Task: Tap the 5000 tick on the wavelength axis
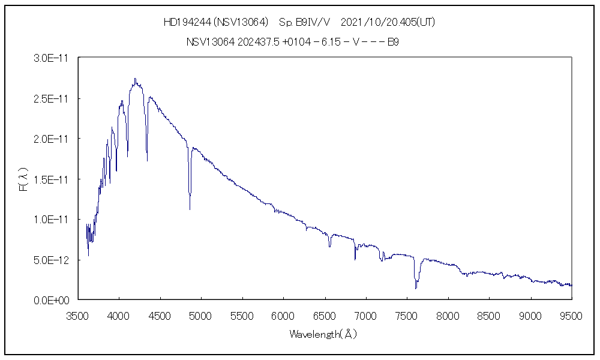click(x=201, y=316)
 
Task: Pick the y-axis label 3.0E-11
click(x=53, y=58)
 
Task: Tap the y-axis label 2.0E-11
click(x=53, y=139)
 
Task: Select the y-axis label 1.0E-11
click(x=53, y=220)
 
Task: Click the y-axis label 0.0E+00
click(x=53, y=300)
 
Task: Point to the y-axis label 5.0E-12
click(x=53, y=260)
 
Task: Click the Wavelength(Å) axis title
click(x=324, y=334)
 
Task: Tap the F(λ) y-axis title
click(x=24, y=179)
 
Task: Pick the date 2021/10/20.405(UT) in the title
click(x=388, y=23)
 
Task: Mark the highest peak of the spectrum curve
click(x=136, y=79)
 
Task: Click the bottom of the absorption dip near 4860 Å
click(x=190, y=209)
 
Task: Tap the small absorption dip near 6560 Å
click(x=329, y=246)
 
